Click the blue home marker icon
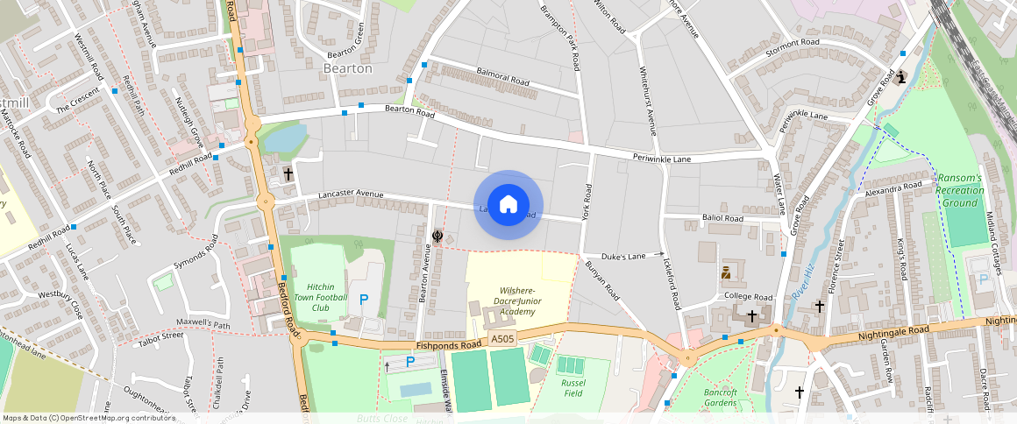coord(508,205)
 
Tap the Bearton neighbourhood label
coord(348,68)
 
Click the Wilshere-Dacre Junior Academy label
coord(517,300)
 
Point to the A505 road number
coord(502,339)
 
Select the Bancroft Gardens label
coord(720,398)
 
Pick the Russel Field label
coord(573,388)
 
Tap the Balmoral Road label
coord(504,79)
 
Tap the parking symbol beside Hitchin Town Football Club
coord(364,299)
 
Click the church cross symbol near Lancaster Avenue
coord(288,174)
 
